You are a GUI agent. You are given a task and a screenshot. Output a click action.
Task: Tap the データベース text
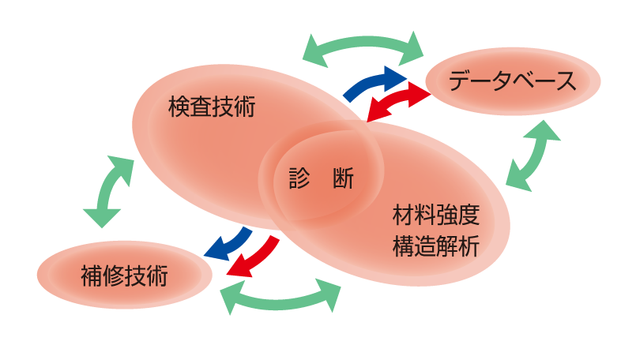point(512,81)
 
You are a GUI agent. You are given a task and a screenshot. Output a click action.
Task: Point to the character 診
point(299,179)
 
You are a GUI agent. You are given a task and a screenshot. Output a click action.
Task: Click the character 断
point(344,179)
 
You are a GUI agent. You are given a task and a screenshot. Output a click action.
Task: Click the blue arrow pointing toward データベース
point(375,81)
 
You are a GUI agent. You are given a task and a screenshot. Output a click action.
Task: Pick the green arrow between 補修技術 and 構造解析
point(280,298)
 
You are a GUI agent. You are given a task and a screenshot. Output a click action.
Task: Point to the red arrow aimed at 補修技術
point(254,257)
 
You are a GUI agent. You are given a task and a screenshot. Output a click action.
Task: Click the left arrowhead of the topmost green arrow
point(312,49)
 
